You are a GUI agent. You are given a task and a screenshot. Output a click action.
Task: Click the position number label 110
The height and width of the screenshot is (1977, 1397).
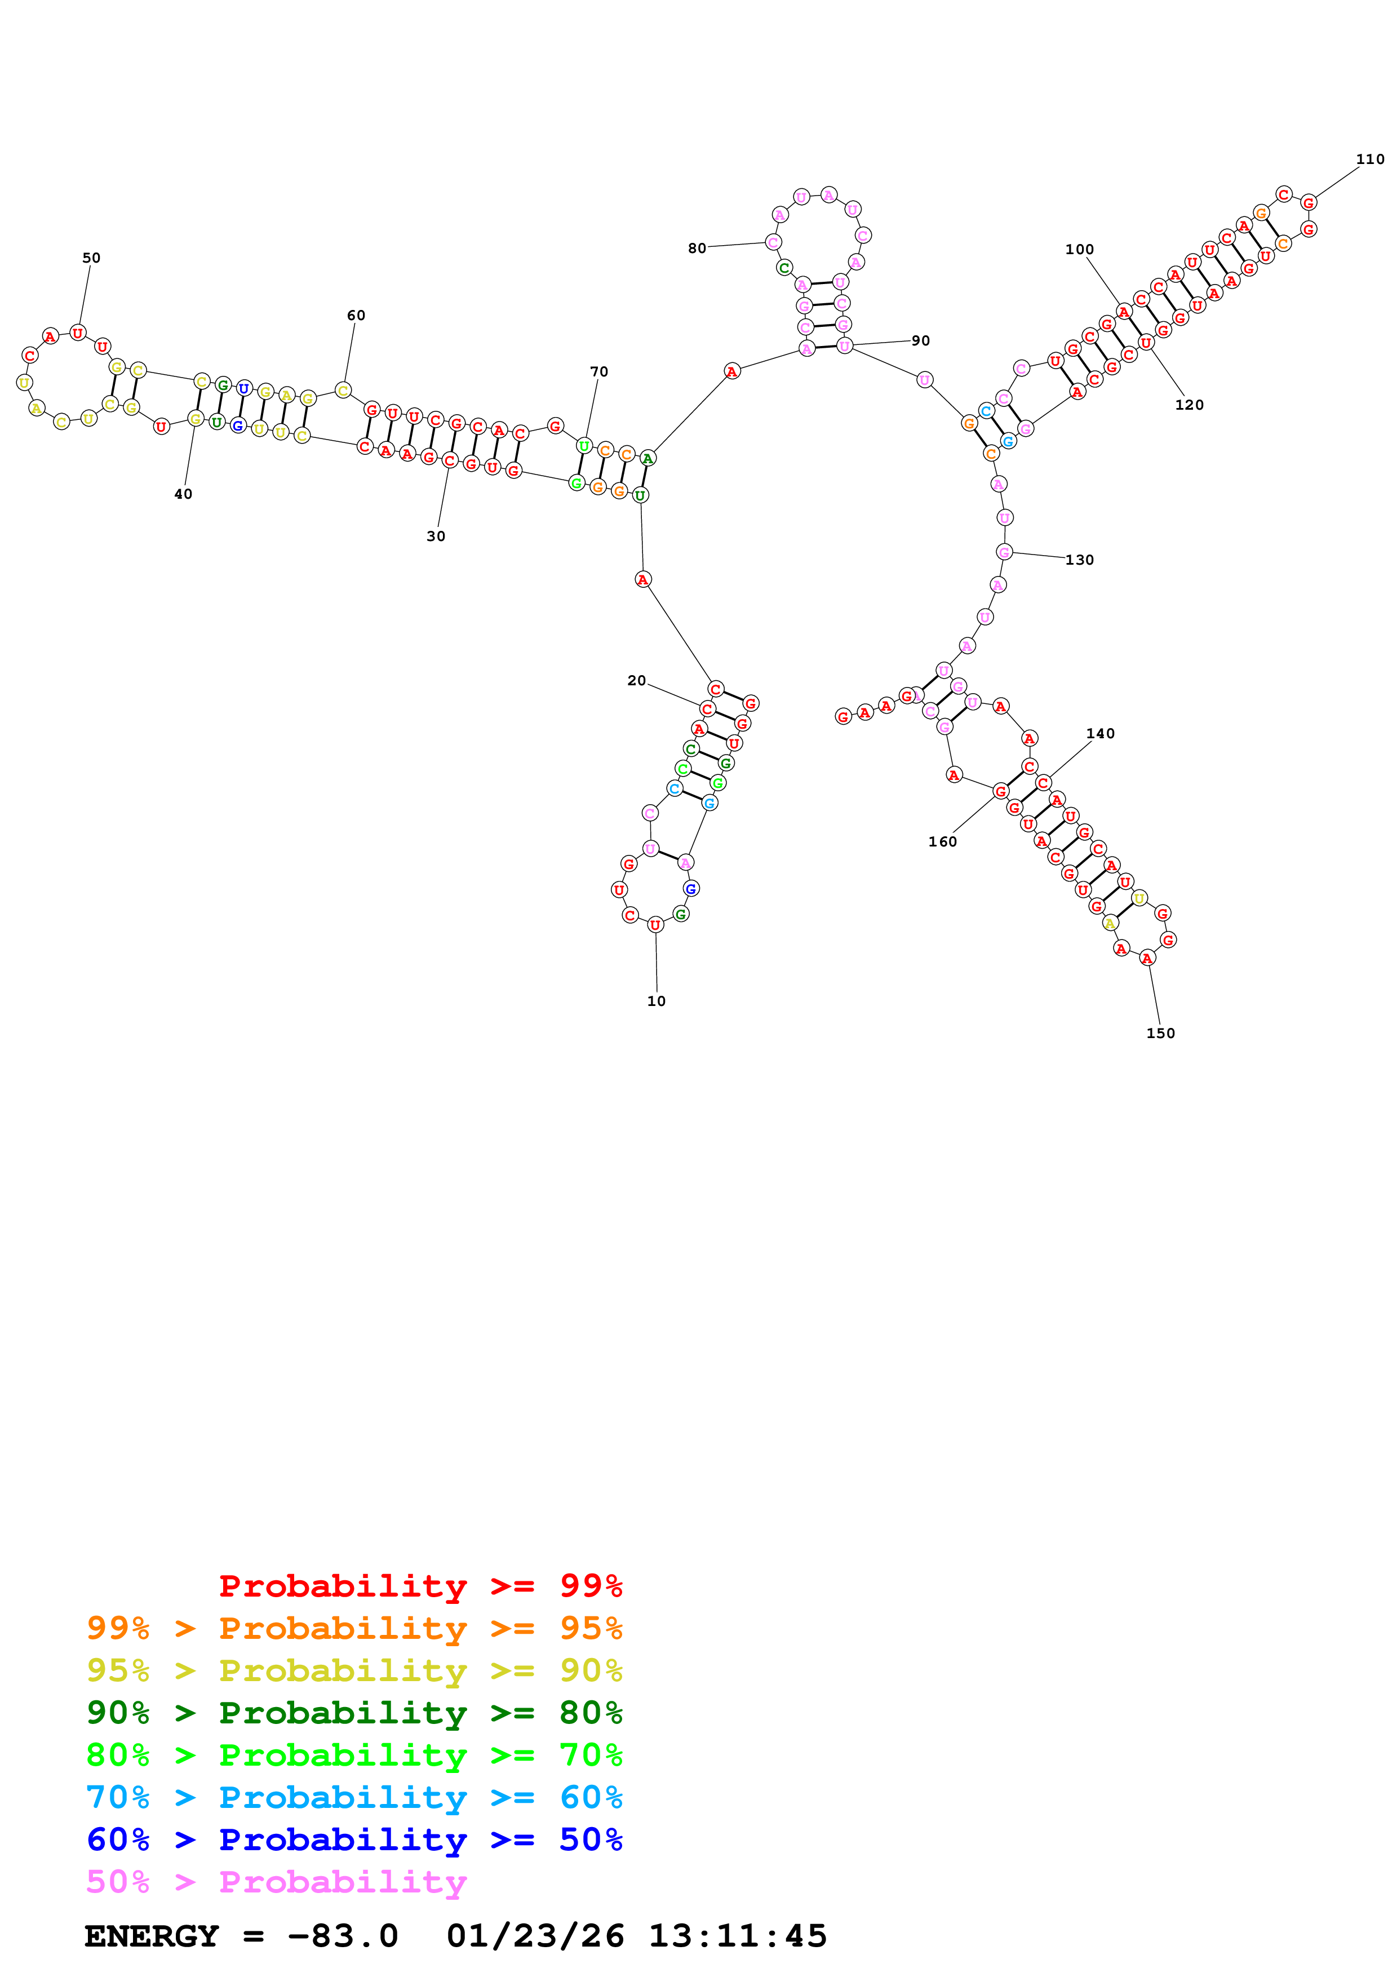point(1369,159)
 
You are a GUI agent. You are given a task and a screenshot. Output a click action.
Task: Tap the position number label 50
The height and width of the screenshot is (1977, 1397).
point(91,258)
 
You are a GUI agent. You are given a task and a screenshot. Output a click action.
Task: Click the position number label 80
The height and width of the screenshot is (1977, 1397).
point(697,248)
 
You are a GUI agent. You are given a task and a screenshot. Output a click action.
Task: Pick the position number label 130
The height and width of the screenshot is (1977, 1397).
point(1079,560)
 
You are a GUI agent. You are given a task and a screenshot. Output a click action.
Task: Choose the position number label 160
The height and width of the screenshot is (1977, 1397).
point(943,841)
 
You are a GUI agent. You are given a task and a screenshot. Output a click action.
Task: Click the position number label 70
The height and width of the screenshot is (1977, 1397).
point(599,371)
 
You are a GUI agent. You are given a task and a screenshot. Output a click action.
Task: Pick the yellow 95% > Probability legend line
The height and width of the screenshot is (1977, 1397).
point(354,1670)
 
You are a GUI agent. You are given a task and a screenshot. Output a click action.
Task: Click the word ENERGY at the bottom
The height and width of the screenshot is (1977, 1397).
point(152,1936)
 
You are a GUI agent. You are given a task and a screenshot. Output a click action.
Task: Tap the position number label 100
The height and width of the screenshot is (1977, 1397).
point(1079,249)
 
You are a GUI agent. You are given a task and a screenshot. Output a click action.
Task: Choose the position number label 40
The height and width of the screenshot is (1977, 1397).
point(183,494)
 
